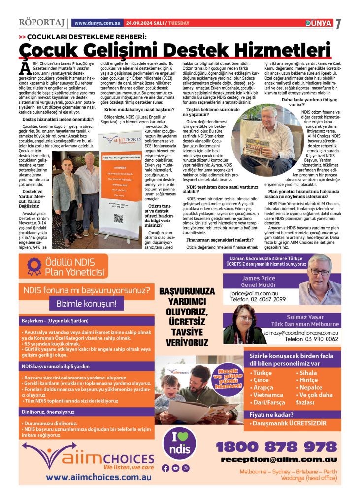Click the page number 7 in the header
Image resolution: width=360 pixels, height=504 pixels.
[x=338, y=24]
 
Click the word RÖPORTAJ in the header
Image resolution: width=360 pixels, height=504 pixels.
[x=41, y=23]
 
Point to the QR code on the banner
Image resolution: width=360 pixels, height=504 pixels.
[x=118, y=218]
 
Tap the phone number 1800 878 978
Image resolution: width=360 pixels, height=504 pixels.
[x=276, y=447]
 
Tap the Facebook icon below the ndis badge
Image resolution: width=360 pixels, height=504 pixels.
[x=165, y=468]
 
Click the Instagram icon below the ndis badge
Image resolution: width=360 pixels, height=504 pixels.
[x=185, y=468]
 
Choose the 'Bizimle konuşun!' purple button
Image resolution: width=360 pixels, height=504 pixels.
[x=86, y=304]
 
